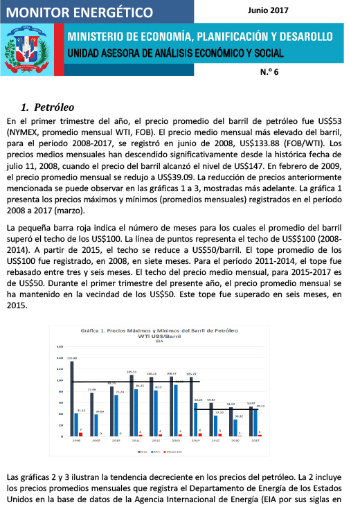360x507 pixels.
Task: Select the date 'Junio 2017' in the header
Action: click(267, 10)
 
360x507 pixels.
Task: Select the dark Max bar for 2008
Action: click(73, 398)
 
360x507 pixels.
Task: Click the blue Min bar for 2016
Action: click(235, 427)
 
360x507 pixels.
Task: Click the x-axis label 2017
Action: click(255, 441)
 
